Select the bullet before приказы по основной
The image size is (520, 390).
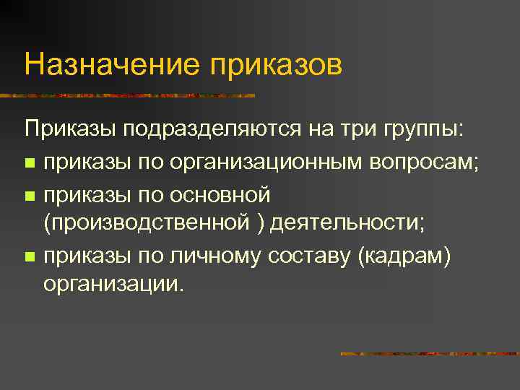click(x=30, y=195)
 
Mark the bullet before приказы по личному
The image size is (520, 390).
click(x=30, y=256)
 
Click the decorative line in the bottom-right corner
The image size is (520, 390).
click(x=429, y=354)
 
